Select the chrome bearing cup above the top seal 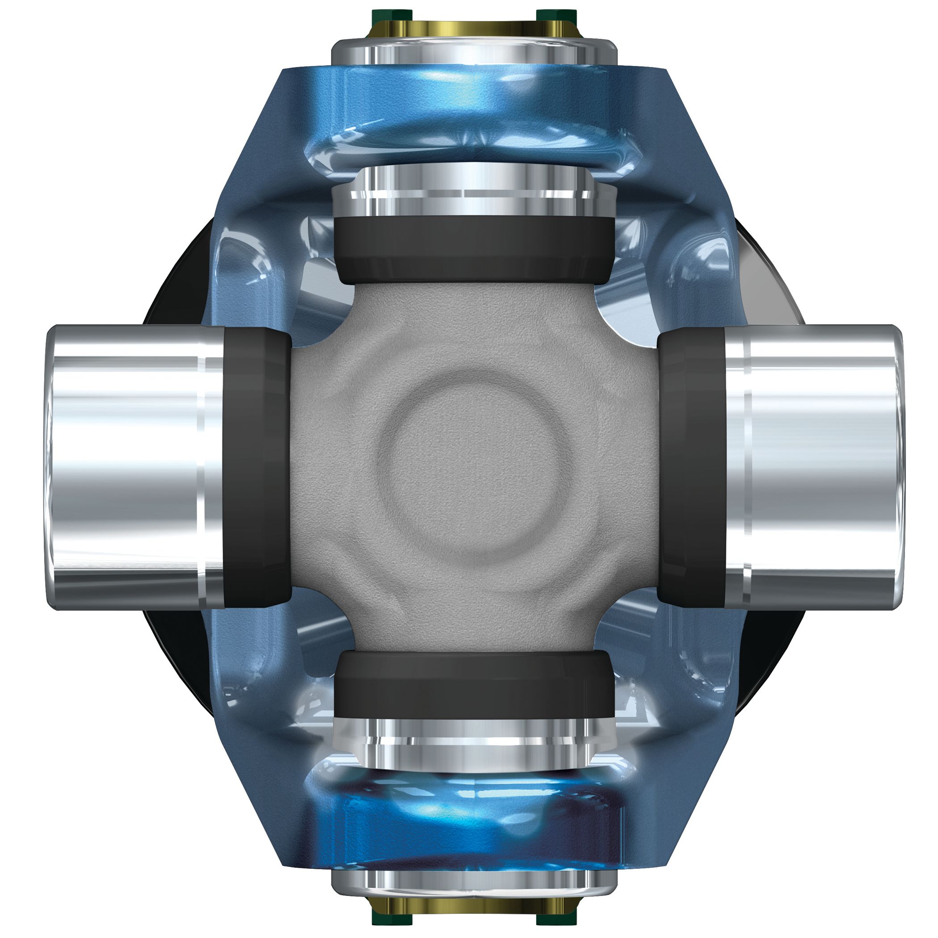[474, 192]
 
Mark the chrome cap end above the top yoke [474, 51]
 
